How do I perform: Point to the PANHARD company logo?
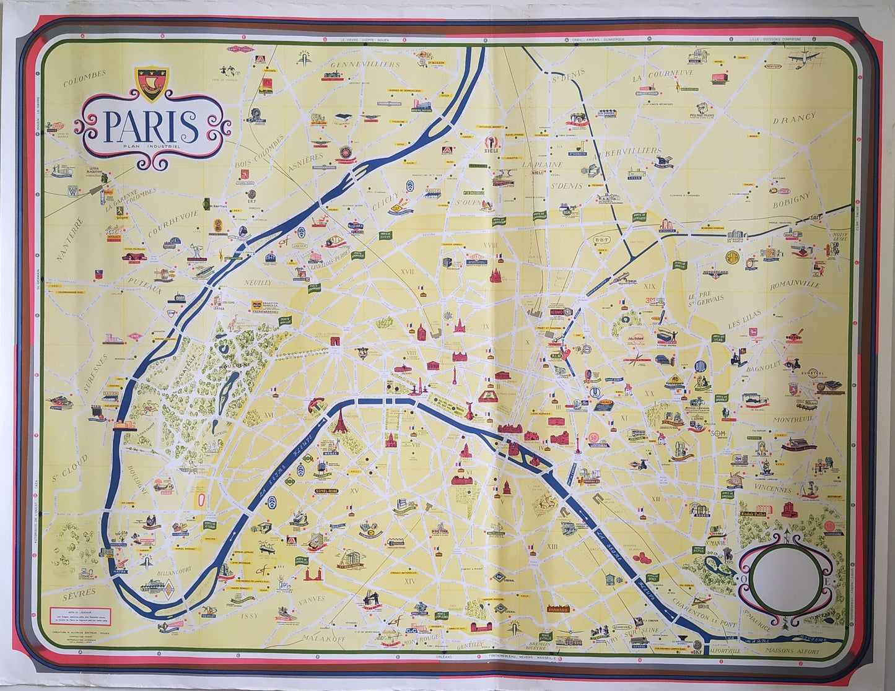562,608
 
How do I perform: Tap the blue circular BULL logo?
702,366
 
